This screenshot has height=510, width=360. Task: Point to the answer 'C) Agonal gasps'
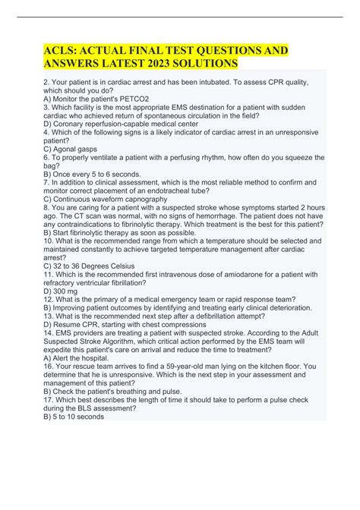[73, 150]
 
